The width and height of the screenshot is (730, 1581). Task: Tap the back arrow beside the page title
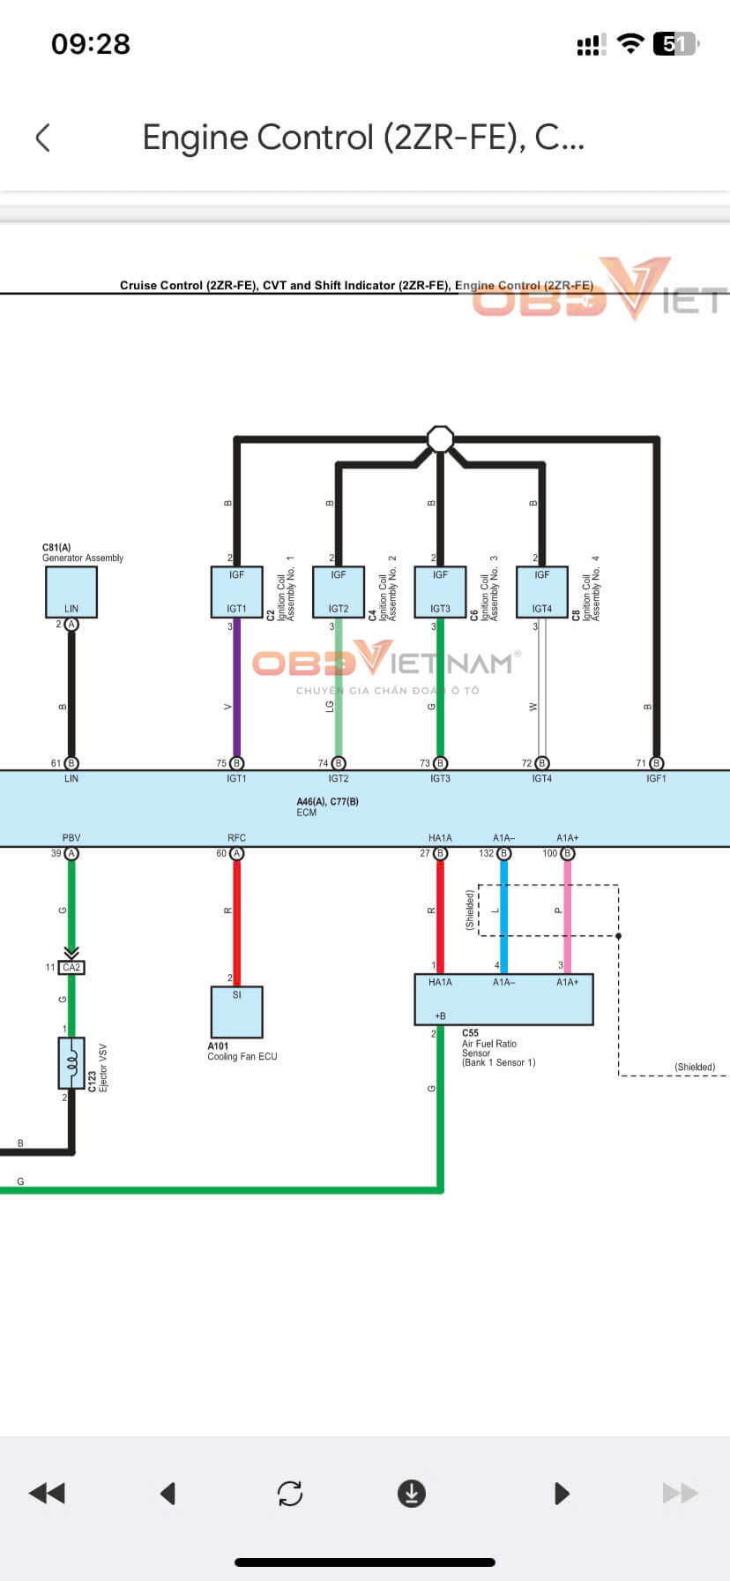[42, 138]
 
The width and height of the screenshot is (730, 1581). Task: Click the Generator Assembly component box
[71, 592]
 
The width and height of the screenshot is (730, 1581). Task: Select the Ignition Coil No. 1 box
[236, 592]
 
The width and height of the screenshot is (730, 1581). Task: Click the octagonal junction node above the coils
[440, 438]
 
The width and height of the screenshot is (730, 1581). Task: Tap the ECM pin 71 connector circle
[656, 763]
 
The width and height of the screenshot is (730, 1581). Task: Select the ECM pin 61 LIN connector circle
[71, 763]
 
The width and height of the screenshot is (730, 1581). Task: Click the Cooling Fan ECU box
[236, 1012]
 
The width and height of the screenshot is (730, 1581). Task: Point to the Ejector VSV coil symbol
[71, 1063]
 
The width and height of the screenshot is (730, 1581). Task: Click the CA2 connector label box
[71, 968]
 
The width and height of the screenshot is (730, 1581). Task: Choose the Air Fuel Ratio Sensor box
[503, 1000]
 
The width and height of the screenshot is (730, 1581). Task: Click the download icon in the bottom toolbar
[412, 1493]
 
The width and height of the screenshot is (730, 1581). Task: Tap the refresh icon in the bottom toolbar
[290, 1493]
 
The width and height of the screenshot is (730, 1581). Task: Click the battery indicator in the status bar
[675, 44]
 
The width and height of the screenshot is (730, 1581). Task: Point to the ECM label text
[307, 813]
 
